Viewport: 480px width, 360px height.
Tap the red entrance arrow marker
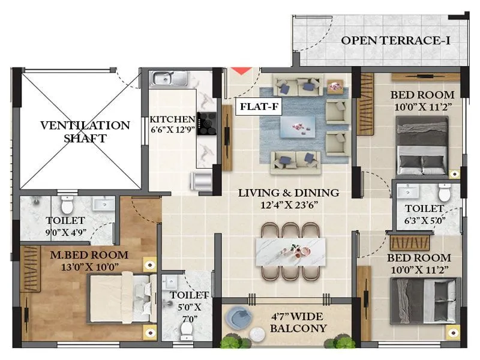(x=241, y=71)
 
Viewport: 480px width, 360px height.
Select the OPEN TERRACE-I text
(x=396, y=41)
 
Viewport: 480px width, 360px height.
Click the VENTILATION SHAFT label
(x=85, y=132)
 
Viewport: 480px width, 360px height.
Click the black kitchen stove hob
(x=207, y=123)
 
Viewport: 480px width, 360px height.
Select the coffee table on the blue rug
(x=298, y=124)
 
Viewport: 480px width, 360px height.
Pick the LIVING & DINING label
(x=289, y=193)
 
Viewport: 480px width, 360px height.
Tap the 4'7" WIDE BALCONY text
(x=298, y=322)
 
